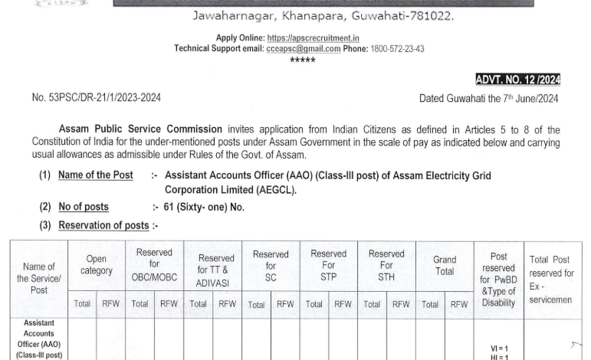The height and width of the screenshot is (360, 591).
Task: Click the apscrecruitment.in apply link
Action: click(x=313, y=38)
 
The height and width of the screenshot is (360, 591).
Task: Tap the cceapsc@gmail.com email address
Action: click(x=304, y=49)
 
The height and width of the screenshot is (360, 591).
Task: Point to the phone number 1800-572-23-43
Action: click(x=398, y=49)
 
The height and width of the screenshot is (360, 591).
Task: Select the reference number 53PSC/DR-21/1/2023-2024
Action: click(x=97, y=98)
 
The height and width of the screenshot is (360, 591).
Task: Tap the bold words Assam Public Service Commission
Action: click(x=141, y=129)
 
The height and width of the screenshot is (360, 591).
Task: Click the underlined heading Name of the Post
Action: click(x=96, y=175)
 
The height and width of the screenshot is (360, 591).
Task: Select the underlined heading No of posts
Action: click(x=84, y=207)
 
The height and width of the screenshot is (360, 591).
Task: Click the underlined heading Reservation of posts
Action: click(x=103, y=225)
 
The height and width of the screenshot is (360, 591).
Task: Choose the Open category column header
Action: click(x=97, y=265)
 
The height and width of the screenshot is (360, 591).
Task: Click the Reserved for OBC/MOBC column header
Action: click(x=154, y=265)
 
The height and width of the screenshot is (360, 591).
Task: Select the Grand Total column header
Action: click(x=445, y=265)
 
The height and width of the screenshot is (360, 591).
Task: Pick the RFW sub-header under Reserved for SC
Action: click(x=285, y=304)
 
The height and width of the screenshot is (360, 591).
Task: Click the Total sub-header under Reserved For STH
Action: click(x=372, y=304)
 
